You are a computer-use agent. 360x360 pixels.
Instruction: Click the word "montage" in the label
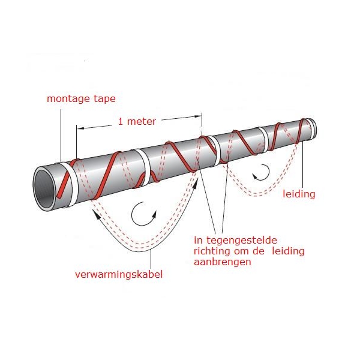click(x=68, y=99)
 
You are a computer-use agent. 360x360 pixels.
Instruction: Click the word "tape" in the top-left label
click(x=104, y=99)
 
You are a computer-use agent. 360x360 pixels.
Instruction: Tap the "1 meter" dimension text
click(x=137, y=121)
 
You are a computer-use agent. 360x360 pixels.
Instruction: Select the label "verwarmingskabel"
click(x=119, y=274)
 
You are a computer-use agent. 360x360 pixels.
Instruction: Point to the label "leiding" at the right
click(x=299, y=194)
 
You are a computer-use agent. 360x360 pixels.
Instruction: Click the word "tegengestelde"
click(x=242, y=241)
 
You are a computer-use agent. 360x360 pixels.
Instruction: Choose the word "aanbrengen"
click(x=222, y=262)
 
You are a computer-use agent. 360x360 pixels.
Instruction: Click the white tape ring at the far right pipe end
click(x=311, y=128)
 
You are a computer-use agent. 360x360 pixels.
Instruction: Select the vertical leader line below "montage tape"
click(x=61, y=136)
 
